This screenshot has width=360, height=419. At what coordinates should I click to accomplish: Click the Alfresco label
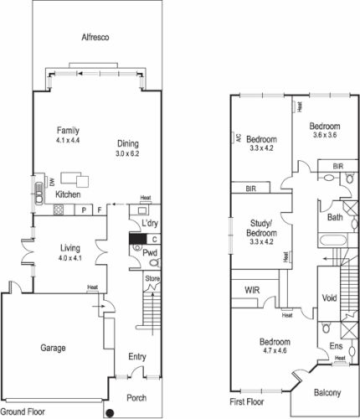click(x=96, y=38)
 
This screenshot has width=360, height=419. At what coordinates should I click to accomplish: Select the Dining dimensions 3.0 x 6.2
click(x=127, y=154)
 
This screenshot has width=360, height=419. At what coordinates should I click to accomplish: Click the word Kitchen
click(x=68, y=194)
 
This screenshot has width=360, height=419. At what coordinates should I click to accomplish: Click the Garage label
click(x=54, y=347)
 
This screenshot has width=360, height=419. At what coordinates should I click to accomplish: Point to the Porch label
click(x=136, y=397)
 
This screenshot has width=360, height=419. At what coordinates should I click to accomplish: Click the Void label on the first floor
click(x=328, y=297)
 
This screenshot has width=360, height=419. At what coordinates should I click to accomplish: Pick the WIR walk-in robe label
click(x=253, y=290)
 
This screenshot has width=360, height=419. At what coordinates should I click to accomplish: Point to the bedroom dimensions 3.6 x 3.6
click(x=324, y=135)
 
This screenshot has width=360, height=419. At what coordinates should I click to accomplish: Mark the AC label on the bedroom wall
click(x=238, y=137)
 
